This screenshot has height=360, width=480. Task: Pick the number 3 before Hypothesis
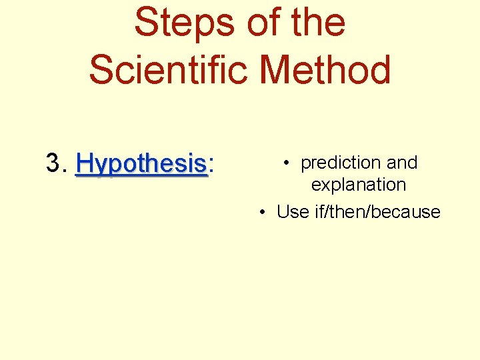coord(53,163)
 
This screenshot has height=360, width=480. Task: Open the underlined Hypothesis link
coord(141,163)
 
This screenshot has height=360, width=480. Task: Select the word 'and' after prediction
coord(402,163)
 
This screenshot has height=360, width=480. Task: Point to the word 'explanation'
coord(359,185)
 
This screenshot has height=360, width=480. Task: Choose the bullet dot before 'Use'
coord(264,212)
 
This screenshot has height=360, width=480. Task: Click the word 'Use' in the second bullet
coord(293,212)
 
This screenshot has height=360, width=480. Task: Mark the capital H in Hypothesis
coord(86,163)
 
